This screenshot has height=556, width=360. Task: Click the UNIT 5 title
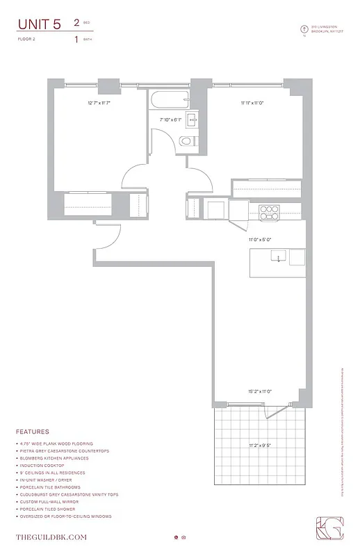coord(40,24)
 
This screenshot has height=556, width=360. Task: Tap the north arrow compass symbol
coord(304,29)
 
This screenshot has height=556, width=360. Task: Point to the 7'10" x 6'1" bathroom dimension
coord(170,120)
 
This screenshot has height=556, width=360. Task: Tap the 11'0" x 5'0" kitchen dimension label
coord(259,239)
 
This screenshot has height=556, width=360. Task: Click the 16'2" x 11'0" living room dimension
coord(259,391)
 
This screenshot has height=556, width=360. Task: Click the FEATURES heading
coord(33,431)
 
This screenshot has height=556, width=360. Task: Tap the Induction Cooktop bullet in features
coord(41,465)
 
